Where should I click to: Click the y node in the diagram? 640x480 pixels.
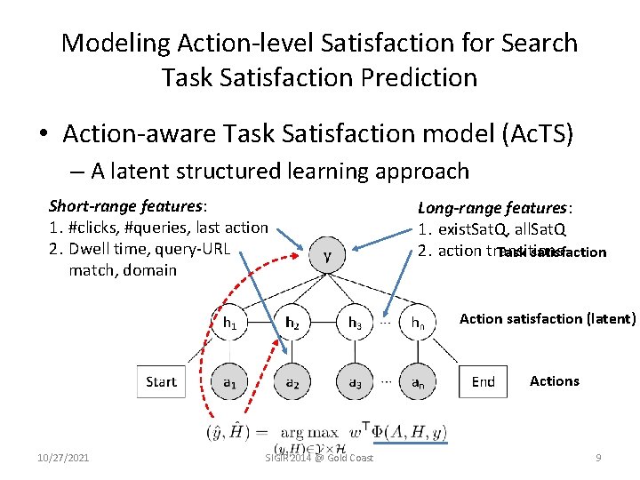pos(329,256)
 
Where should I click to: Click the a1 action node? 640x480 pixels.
pos(229,382)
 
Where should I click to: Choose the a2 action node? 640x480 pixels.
pos(292,382)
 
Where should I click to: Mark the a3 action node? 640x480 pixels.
pos(355,382)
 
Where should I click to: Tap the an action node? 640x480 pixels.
pos(417,382)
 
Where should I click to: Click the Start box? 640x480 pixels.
pos(161,382)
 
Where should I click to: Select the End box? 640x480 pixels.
pos(484,382)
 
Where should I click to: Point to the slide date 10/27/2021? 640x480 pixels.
pos(63,458)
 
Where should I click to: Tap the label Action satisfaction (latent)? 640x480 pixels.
pos(548,318)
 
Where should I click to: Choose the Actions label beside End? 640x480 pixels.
pos(555,380)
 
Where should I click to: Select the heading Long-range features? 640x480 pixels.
pos(495,208)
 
